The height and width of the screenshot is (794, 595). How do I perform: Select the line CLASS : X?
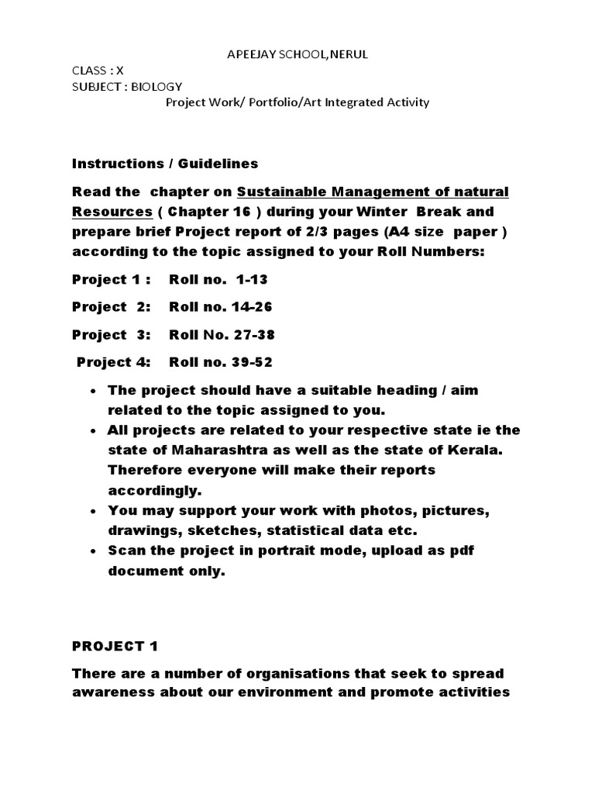(98, 69)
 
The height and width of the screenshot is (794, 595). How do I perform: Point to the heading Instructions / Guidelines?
(165, 164)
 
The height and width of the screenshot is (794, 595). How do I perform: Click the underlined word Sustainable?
(277, 192)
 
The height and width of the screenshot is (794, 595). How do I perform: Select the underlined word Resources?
(112, 212)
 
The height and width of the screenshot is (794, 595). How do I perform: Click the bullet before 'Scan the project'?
(94, 551)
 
